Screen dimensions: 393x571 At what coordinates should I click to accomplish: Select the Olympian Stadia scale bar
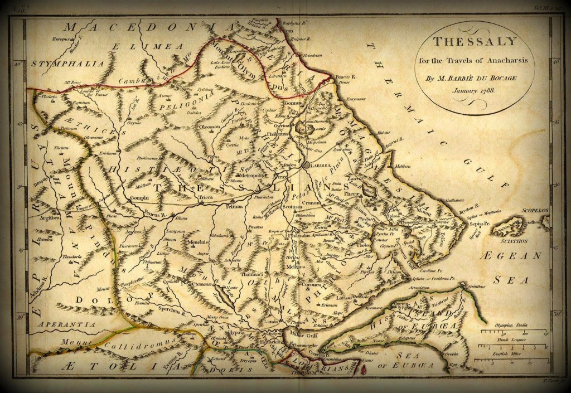click(x=509, y=332)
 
